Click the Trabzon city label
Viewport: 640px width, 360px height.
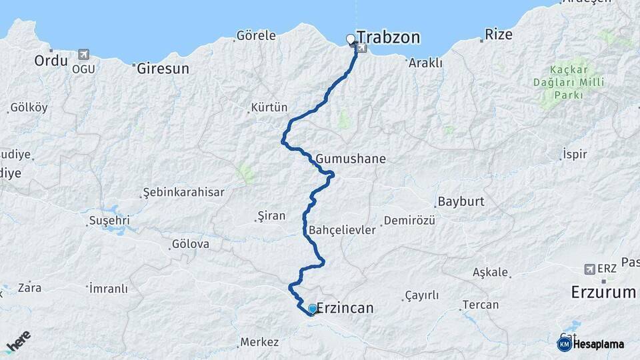tap(389, 37)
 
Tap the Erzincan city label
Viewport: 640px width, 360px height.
tap(345, 308)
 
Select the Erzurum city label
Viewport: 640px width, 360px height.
tap(604, 292)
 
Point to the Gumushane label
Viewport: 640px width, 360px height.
tap(351, 159)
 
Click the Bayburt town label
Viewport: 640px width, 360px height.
tap(460, 201)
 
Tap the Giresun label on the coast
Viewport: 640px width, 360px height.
tap(163, 68)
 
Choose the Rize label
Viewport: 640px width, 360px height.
tap(499, 35)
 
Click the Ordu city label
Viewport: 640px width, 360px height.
tap(51, 61)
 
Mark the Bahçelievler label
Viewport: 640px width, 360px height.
tap(343, 230)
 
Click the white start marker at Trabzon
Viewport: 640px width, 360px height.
tap(351, 39)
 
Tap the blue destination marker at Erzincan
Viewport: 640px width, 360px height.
tap(312, 309)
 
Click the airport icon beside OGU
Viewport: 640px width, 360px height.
tap(83, 54)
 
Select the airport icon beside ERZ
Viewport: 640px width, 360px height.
tap(589, 269)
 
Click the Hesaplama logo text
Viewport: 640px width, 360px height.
tap(598, 344)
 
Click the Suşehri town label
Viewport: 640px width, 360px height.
tap(109, 221)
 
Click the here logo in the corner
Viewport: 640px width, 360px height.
tap(18, 341)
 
